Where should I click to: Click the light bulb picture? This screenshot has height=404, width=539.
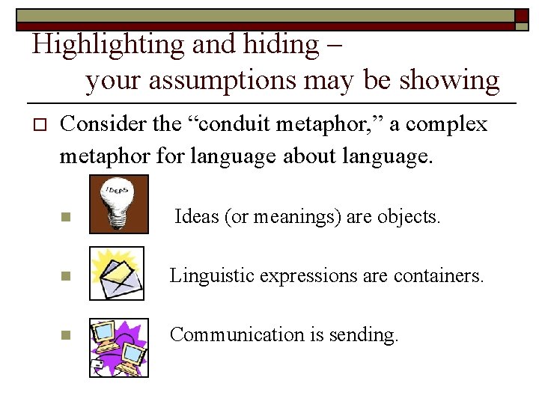pyautogui.click(x=118, y=204)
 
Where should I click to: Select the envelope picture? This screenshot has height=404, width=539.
pyautogui.click(x=117, y=274)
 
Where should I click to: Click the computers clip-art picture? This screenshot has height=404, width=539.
pyautogui.click(x=118, y=348)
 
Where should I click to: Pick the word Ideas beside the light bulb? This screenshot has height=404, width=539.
pyautogui.click(x=194, y=217)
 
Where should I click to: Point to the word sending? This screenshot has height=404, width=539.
pyautogui.click(x=369, y=335)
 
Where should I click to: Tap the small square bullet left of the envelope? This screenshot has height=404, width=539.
pyautogui.click(x=66, y=277)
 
